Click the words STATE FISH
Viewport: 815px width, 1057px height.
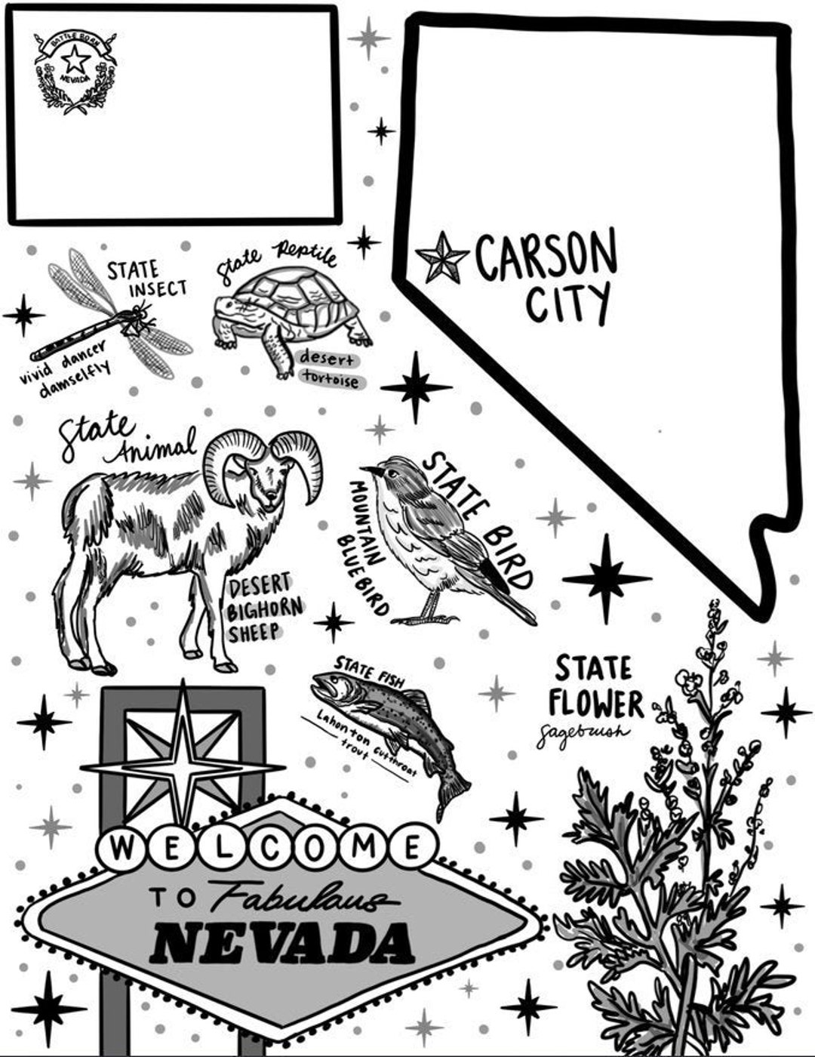tap(370, 668)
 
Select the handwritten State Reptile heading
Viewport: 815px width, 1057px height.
tap(276, 260)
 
